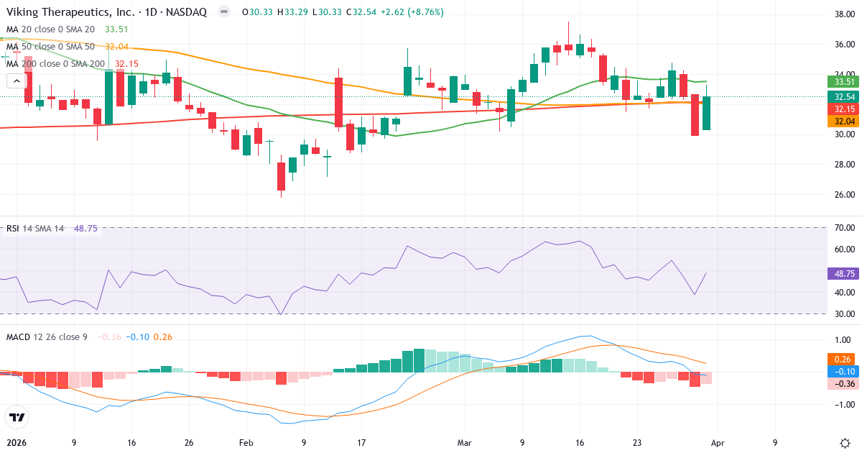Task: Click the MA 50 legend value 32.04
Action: click(x=116, y=47)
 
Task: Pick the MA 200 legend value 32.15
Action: click(x=126, y=64)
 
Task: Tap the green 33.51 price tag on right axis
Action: click(x=842, y=82)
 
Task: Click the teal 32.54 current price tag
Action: click(x=842, y=96)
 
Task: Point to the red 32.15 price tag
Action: click(x=842, y=109)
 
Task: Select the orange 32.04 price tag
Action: click(x=842, y=122)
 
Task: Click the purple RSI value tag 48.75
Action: click(x=842, y=274)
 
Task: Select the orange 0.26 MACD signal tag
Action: click(x=842, y=359)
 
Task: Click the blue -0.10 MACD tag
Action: click(x=842, y=371)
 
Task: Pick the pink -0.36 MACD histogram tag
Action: click(x=842, y=383)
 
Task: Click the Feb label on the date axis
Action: click(x=246, y=443)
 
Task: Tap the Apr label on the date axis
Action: click(x=718, y=443)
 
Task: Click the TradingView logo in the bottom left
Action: click(x=17, y=417)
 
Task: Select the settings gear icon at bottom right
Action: click(x=845, y=443)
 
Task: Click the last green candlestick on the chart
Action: click(x=706, y=113)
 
